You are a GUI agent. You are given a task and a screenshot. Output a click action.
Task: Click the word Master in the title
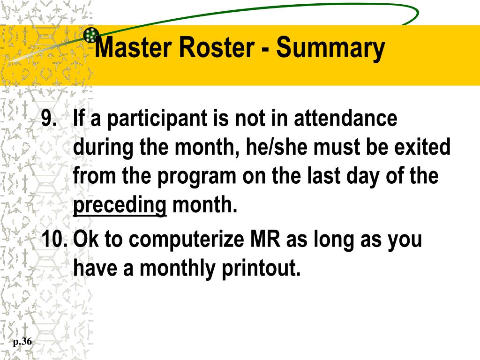(x=130, y=48)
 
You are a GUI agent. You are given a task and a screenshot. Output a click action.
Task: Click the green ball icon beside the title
(x=90, y=35)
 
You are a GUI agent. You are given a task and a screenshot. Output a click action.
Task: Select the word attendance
(x=345, y=119)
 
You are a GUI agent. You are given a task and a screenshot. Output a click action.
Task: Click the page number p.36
(x=22, y=342)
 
